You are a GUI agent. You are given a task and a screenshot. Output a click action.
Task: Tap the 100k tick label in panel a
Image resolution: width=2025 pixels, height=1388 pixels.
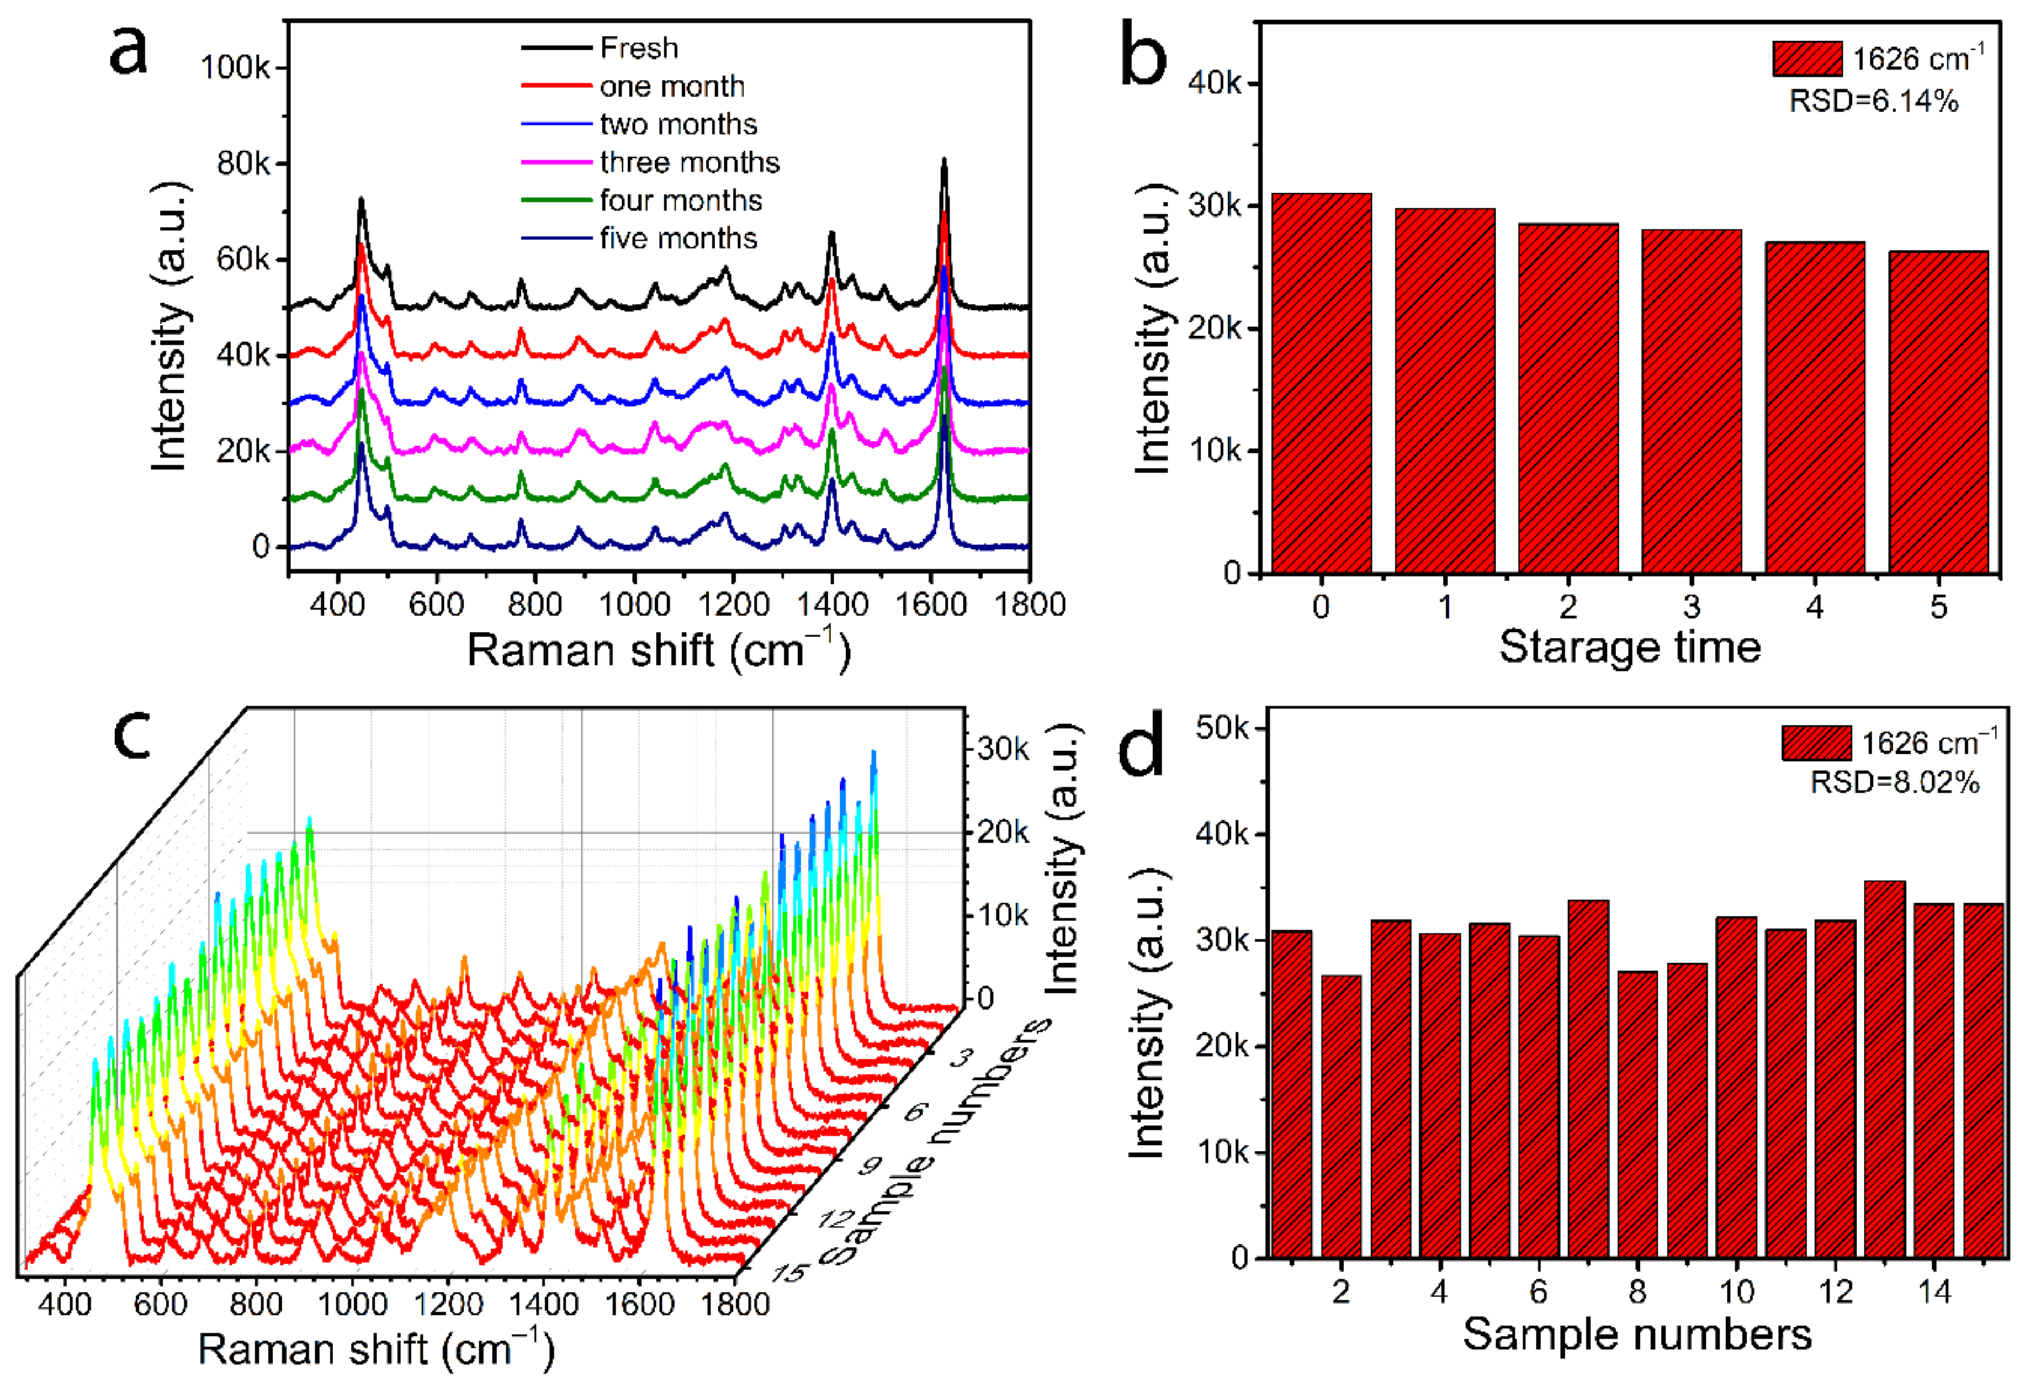[235, 67]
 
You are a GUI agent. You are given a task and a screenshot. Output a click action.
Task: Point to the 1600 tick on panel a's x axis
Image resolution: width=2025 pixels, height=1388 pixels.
[931, 604]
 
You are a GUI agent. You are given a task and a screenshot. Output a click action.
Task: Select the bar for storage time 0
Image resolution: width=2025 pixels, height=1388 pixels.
[1321, 383]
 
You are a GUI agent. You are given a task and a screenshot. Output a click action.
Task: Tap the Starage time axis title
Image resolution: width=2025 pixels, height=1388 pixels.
[1629, 648]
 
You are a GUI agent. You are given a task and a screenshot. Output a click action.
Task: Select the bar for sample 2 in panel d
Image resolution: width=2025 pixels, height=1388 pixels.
[1341, 1115]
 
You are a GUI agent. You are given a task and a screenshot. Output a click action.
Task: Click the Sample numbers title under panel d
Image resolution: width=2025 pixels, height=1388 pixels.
[1636, 1334]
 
